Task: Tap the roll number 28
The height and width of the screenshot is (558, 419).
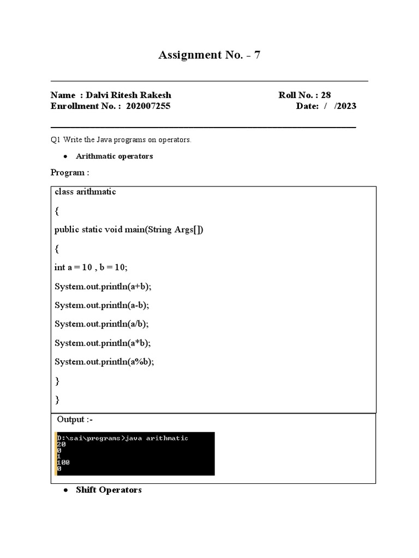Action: (x=326, y=95)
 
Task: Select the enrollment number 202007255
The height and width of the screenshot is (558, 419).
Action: (x=148, y=106)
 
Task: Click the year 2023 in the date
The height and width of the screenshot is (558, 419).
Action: (x=346, y=106)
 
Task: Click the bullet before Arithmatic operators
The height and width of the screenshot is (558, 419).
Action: (x=65, y=156)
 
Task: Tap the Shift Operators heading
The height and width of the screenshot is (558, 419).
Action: (x=109, y=490)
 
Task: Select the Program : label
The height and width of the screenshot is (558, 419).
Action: (x=70, y=173)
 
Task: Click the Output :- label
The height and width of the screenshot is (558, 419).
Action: (x=79, y=420)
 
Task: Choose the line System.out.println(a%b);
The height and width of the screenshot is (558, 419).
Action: (x=104, y=362)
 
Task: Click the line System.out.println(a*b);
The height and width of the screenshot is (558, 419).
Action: (x=103, y=343)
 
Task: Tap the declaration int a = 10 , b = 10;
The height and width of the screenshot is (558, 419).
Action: (x=92, y=268)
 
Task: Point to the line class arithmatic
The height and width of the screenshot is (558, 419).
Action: (x=85, y=192)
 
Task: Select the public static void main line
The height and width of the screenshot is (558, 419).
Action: (x=129, y=229)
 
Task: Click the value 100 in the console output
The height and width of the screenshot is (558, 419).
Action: (x=63, y=463)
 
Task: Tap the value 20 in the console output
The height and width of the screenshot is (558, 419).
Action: (x=61, y=445)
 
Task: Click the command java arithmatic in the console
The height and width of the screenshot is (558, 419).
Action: (x=157, y=438)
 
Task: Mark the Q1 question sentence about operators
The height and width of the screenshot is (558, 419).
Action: (x=121, y=140)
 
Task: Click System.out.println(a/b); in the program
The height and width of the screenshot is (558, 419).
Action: (x=101, y=324)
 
